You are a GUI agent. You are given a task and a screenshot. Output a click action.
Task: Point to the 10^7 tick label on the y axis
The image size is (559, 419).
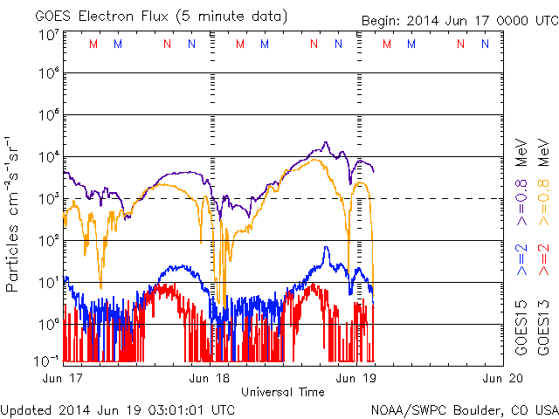coord(48,35)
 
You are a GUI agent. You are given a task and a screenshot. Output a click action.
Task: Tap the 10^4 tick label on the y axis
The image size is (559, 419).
coord(48,158)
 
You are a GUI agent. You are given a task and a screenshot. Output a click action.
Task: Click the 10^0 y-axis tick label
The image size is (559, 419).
coord(48,325)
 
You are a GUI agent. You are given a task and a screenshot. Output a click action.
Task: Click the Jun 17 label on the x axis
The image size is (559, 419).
coord(63,378)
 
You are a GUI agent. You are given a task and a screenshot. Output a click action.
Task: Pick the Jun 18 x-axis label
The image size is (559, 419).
coord(210,378)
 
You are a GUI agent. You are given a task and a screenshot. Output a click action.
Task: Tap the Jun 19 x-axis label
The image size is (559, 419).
coord(356,378)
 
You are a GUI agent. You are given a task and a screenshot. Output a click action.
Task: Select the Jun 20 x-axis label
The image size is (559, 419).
coord(503,378)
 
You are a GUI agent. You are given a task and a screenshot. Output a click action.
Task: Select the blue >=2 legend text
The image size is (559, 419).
coord(521,259)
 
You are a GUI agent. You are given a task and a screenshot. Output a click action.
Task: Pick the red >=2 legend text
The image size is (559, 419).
coord(542,259)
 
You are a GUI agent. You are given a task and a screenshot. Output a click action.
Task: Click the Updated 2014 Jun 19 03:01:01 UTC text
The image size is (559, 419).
coord(118,409)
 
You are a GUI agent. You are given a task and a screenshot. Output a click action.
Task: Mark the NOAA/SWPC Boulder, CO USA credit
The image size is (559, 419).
coord(464,409)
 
